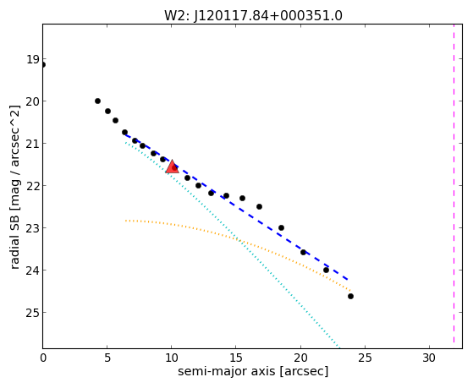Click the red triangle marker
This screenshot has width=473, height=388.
click(x=173, y=167)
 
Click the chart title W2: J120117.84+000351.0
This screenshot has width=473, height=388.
click(x=253, y=16)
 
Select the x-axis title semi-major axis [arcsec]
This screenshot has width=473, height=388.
click(x=253, y=371)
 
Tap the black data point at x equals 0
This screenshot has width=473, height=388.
click(x=43, y=65)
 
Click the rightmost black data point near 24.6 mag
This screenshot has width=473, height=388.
click(x=350, y=297)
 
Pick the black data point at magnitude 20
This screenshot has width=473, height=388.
click(x=98, y=101)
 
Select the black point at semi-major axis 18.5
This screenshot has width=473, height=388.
click(x=282, y=227)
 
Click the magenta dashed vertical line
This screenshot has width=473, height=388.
click(x=454, y=186)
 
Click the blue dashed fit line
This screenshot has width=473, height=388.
click(x=237, y=206)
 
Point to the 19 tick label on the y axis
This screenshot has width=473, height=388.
click(x=33, y=59)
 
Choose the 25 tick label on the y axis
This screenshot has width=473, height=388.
click(x=33, y=313)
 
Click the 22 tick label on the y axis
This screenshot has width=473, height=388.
click(x=33, y=186)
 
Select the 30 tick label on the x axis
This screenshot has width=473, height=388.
click(x=429, y=358)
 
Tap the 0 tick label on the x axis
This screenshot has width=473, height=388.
click(x=43, y=358)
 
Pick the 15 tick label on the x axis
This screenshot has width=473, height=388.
click(x=236, y=358)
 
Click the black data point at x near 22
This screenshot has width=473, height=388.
click(x=326, y=270)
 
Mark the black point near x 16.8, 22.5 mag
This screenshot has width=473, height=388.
click(x=259, y=206)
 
